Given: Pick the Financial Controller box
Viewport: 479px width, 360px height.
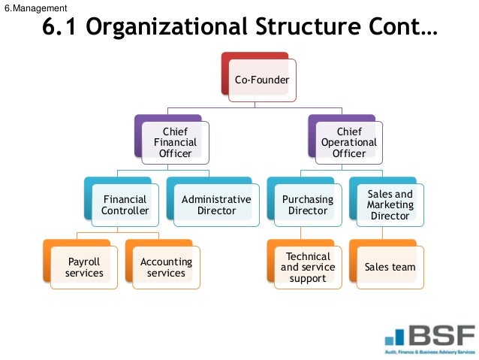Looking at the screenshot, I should click(x=125, y=204).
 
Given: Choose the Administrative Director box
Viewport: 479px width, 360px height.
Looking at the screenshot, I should click(x=215, y=204).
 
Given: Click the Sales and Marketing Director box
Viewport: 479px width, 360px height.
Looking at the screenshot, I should click(x=390, y=204).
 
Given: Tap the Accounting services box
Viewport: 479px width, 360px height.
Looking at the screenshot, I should click(x=166, y=267).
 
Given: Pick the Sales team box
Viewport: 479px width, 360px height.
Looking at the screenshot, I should click(x=390, y=267).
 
